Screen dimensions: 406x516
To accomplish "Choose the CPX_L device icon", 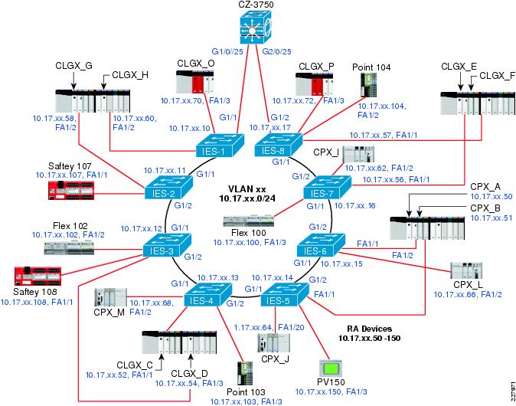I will pos(465,273).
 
